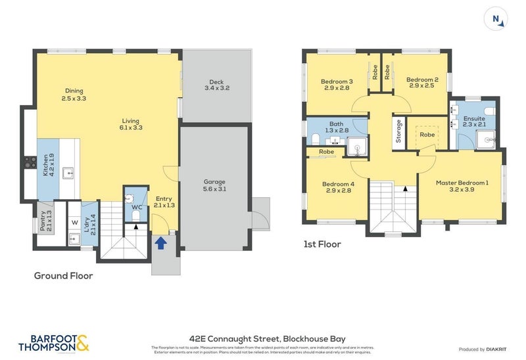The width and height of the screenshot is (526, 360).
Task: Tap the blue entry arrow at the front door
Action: [x=160, y=242]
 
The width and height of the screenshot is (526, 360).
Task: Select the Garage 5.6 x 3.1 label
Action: [x=214, y=185]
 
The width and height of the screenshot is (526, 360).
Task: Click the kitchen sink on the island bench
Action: [x=68, y=173]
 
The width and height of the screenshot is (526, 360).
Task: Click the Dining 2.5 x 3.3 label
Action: [x=74, y=95]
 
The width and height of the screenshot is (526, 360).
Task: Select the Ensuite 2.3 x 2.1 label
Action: [x=473, y=122]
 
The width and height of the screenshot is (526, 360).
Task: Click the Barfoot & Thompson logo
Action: [x=53, y=343]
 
